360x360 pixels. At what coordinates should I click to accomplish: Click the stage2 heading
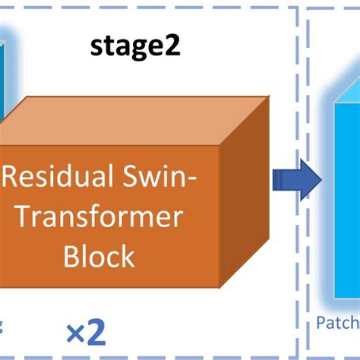tap(134, 47)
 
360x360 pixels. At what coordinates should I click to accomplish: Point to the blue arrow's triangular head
tap(311, 180)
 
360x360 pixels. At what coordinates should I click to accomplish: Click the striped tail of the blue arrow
tap(283, 180)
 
